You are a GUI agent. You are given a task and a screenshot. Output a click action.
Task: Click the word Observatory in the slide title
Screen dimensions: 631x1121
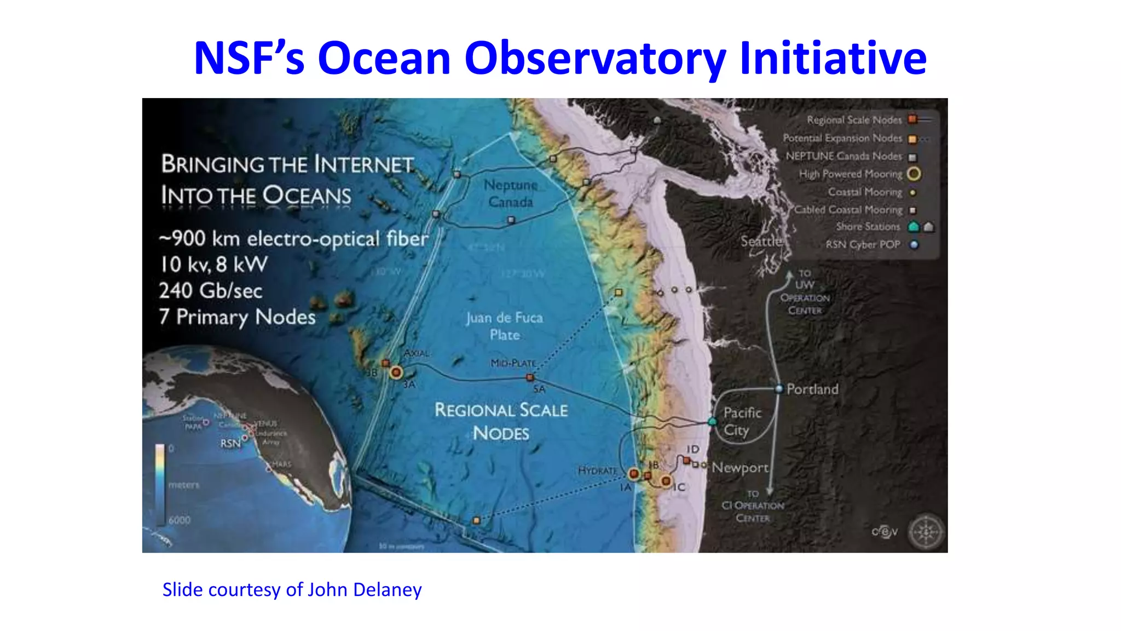595,59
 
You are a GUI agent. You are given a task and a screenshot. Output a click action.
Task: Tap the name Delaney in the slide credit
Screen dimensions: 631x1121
388,590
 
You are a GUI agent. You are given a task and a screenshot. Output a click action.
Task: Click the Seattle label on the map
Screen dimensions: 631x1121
761,242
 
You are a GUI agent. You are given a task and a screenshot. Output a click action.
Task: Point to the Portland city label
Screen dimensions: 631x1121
812,389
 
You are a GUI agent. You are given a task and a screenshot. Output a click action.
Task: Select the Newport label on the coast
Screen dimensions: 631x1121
740,468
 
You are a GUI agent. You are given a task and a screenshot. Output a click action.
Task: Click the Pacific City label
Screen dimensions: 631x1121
742,421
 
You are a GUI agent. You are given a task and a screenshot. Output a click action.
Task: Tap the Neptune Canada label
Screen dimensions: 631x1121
511,193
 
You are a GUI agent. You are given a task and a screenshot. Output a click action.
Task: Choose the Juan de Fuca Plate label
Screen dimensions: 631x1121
505,326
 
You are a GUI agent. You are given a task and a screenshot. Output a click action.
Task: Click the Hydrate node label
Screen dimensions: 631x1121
597,471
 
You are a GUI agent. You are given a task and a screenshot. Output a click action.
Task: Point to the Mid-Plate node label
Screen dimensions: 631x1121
513,363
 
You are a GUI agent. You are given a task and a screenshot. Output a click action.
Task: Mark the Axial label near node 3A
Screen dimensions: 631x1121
417,353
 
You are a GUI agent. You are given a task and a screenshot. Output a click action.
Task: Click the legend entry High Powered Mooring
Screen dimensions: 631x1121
850,174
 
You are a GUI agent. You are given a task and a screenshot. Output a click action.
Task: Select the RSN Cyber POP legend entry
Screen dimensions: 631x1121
863,245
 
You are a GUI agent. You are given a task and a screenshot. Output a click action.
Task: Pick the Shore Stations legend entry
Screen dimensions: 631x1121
868,227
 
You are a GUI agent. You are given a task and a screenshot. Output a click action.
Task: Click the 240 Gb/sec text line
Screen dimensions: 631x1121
211,291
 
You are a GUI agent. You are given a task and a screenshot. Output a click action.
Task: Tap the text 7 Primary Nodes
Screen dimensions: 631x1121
237,317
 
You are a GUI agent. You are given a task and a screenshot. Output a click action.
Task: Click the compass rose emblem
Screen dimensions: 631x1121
926,532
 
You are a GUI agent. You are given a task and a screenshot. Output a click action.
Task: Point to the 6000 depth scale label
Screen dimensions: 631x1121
180,520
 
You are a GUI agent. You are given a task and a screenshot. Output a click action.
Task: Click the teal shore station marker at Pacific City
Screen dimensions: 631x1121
712,422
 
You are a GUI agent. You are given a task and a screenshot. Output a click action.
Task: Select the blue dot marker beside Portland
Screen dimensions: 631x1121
779,389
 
